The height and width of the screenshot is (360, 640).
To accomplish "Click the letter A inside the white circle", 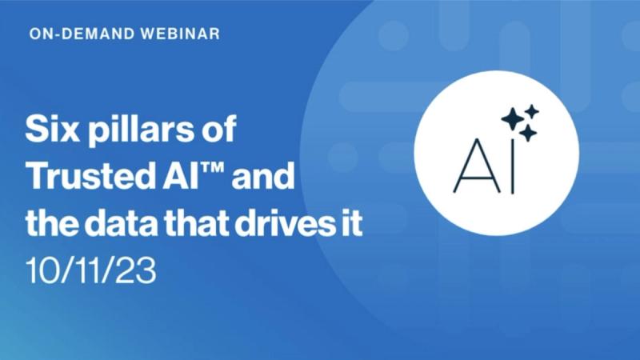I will point(475,166).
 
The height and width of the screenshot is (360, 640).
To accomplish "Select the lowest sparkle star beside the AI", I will point(528,134).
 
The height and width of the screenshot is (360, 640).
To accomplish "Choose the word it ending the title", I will point(349,226).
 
